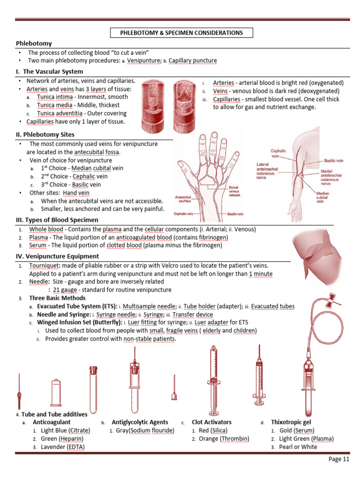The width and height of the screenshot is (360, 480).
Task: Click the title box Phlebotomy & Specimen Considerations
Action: [x=181, y=33]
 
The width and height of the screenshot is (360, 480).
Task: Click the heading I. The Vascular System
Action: [x=50, y=71]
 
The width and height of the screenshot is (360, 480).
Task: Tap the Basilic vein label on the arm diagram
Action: [x=333, y=160]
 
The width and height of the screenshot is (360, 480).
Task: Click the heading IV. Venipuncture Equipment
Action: [x=58, y=256]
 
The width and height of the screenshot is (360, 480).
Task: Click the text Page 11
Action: [x=339, y=459]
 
